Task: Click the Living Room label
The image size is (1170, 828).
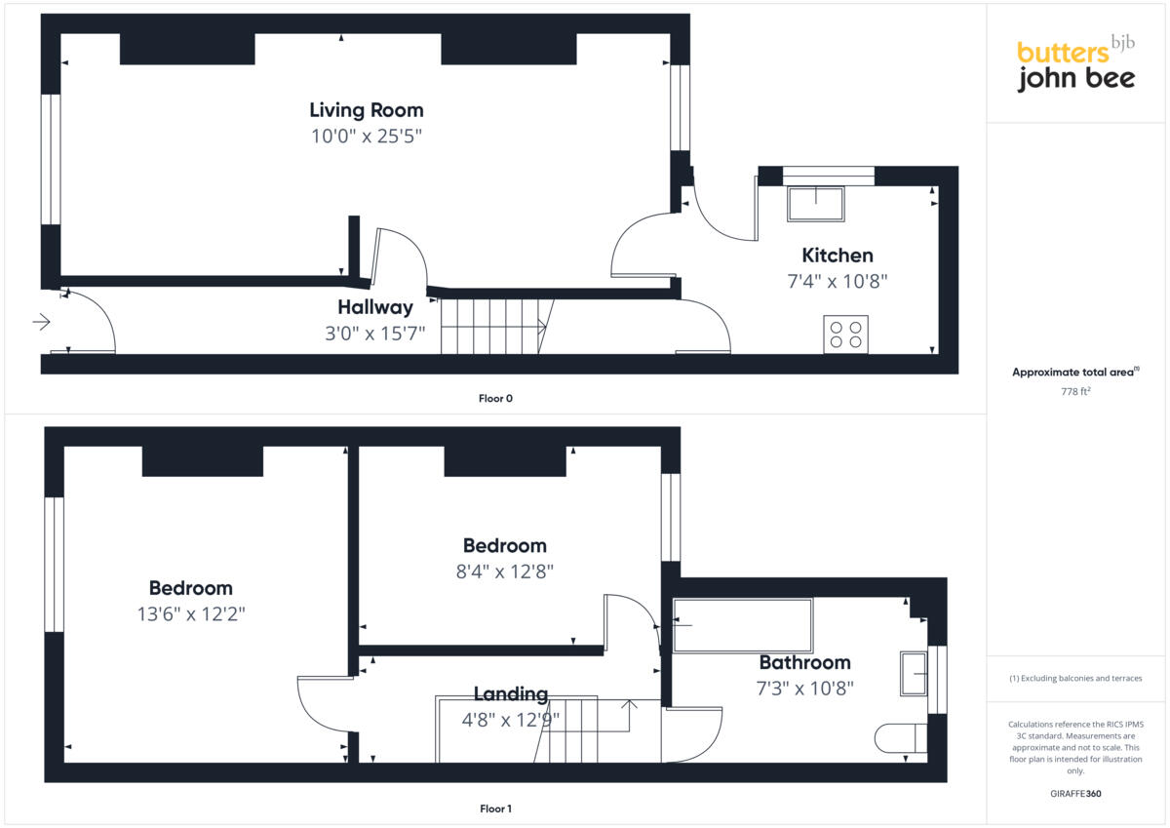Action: (367, 109)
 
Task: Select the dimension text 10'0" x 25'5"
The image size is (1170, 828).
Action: (367, 137)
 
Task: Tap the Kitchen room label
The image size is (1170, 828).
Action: (837, 256)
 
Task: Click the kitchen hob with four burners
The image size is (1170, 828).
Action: (845, 335)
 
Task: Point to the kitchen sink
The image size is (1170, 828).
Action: (816, 203)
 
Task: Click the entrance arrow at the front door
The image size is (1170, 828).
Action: (41, 322)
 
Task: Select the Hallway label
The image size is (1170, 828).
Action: (375, 307)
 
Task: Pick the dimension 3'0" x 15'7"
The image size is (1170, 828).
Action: (375, 334)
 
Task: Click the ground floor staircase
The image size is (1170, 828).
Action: (492, 326)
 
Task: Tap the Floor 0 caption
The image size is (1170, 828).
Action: (495, 398)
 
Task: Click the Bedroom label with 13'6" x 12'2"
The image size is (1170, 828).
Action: (190, 588)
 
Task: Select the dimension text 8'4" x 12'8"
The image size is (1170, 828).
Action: (504, 572)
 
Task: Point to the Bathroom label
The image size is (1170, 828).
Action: (804, 662)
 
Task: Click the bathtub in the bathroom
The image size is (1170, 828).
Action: (742, 624)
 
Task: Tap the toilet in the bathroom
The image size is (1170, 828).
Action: (899, 738)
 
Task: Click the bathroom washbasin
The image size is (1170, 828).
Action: (914, 673)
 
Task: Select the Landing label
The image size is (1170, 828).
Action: (510, 694)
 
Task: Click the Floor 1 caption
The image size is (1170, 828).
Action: (495, 808)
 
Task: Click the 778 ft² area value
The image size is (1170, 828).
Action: (1075, 391)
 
